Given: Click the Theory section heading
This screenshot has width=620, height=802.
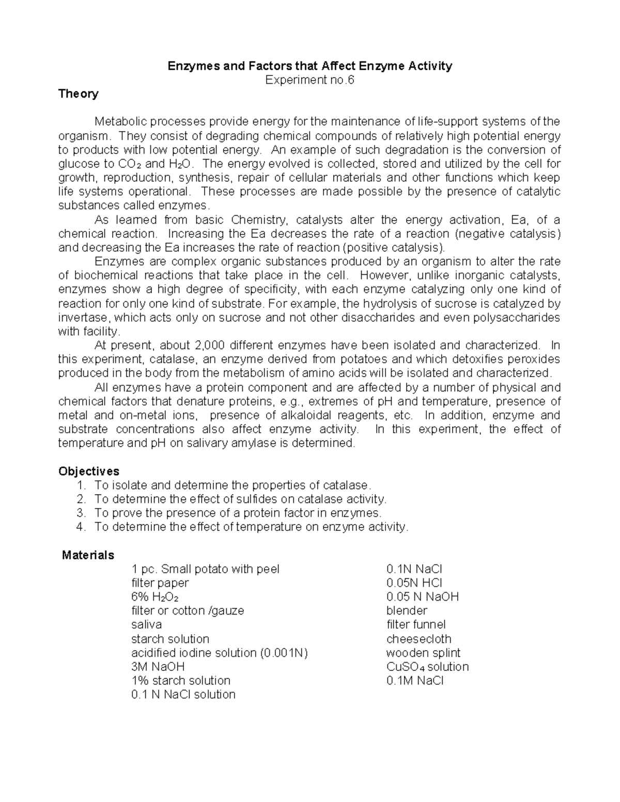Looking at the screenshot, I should (78, 93).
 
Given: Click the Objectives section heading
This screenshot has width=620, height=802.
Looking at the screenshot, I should (88, 471).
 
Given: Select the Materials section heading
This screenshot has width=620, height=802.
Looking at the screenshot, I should (88, 555).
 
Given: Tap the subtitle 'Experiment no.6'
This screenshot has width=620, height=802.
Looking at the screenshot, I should (309, 80).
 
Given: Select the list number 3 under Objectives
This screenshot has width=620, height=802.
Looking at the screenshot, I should (80, 513).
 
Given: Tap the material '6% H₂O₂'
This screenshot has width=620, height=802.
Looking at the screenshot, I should (155, 597).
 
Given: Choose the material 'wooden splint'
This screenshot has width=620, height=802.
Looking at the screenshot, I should (423, 653).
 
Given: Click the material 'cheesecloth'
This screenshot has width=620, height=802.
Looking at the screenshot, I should (419, 639).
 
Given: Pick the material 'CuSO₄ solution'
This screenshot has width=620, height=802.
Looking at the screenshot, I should (427, 667).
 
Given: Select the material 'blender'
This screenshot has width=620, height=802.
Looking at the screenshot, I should (407, 611).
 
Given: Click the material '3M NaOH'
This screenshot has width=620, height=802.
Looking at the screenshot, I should (158, 667).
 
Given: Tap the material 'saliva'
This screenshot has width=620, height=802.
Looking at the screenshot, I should (147, 625).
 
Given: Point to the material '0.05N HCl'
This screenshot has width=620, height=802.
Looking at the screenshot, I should (414, 583).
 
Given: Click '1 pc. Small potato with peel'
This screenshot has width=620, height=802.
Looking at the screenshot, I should (205, 569).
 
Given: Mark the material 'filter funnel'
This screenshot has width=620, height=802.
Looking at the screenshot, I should (416, 625).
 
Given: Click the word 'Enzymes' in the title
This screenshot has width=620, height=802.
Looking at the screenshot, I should (192, 66).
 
